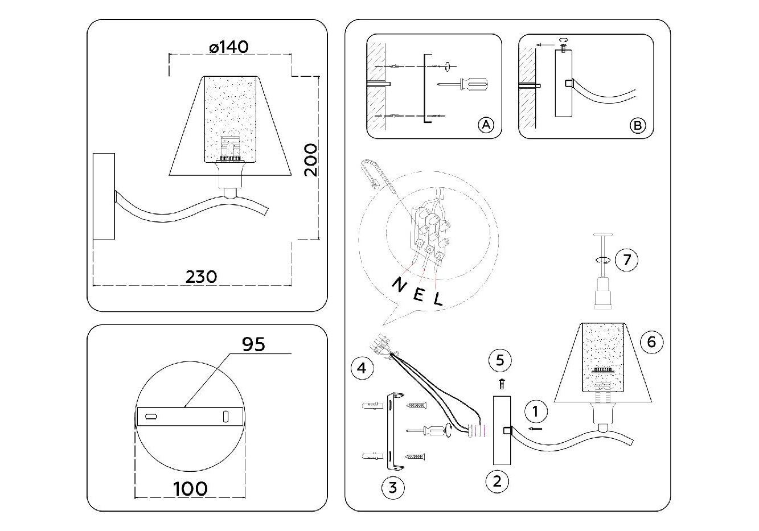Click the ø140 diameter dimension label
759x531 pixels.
pos(228,47)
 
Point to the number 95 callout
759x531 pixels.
pos(253,344)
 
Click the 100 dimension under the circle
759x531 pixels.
pos(190,488)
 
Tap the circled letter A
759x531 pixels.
pos(485,125)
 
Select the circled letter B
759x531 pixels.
pos(637,125)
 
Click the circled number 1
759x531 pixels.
pos(535,411)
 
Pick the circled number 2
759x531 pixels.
pos(497,481)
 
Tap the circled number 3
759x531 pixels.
pos(393,488)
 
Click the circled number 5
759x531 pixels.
pos(500,360)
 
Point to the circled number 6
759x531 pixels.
pos(652,341)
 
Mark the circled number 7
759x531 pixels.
pos(627,260)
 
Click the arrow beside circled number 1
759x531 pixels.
pos(535,428)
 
